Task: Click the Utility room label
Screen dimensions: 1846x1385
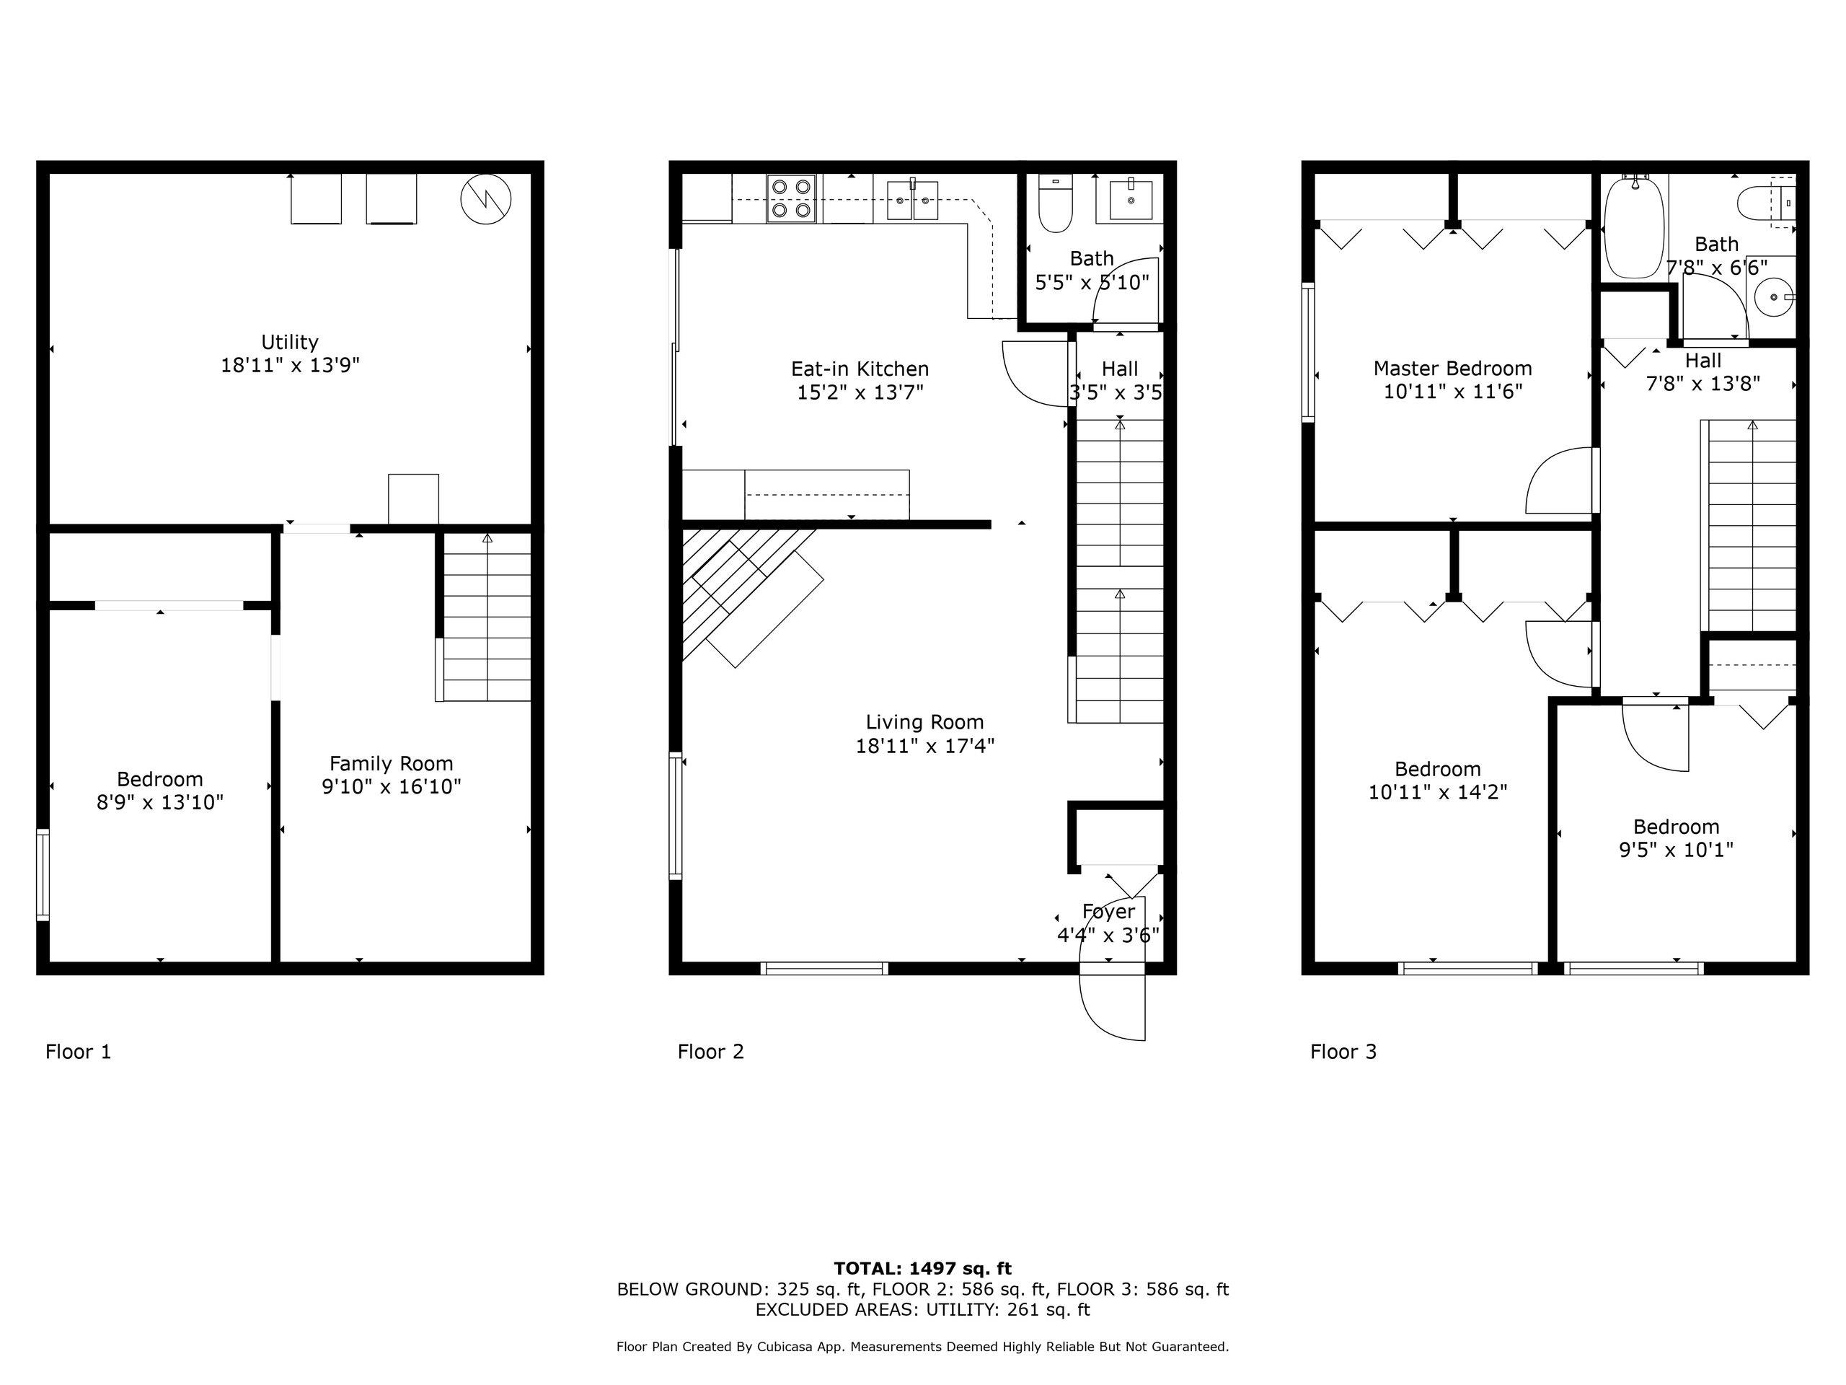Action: coord(290,343)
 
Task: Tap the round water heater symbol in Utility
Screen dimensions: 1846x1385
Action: coord(486,200)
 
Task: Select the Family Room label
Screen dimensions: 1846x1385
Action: coord(392,764)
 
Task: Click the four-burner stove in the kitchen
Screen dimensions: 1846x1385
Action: coord(791,198)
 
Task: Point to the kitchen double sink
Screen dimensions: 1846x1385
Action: coord(912,201)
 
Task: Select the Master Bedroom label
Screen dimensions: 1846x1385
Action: coord(1453,368)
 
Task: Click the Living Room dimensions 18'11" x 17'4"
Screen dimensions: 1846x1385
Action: coord(924,745)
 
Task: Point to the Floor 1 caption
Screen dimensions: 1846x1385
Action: coord(79,1052)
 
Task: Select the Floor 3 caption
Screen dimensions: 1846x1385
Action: coord(1343,1052)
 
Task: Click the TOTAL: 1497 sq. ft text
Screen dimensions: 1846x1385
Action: coord(923,1269)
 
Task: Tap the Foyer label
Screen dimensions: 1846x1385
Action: coord(1108,912)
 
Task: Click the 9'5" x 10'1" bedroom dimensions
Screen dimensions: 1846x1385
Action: coord(1677,850)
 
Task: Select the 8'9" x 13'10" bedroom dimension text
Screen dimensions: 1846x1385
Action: coord(160,802)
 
